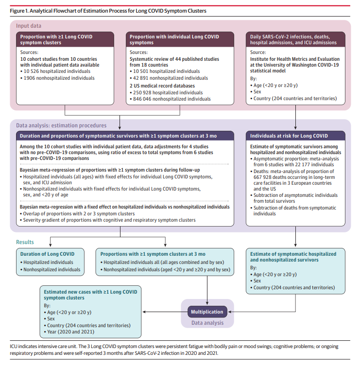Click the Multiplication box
(x=207, y=312)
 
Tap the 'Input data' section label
(x=29, y=26)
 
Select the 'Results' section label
(x=25, y=242)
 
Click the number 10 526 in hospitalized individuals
(x=31, y=71)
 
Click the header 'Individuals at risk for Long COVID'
(x=289, y=136)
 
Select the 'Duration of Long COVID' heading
(x=48, y=254)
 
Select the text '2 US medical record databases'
(x=162, y=86)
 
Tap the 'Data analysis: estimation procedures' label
(x=61, y=125)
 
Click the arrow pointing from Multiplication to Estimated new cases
(x=165, y=312)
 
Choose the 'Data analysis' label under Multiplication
(x=207, y=323)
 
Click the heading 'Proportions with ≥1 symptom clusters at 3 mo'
(x=153, y=254)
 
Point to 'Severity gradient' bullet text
(x=109, y=220)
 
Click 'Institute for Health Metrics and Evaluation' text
(x=295, y=59)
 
